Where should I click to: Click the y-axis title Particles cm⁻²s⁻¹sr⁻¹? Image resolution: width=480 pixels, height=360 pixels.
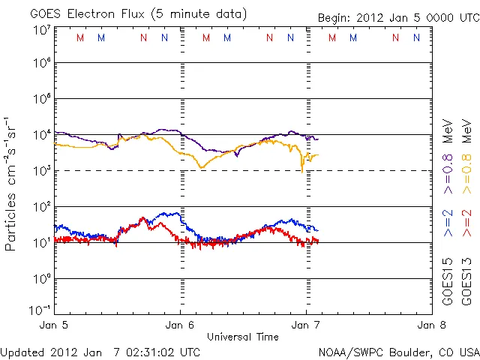tap(12, 184)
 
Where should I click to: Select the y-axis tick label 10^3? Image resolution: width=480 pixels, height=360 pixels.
tap(41, 171)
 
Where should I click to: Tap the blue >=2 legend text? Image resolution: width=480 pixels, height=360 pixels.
tap(448, 222)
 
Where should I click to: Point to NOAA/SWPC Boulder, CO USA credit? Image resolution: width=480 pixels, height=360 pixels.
tap(397, 351)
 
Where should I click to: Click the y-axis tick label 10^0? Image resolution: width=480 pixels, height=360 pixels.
tap(41, 277)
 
